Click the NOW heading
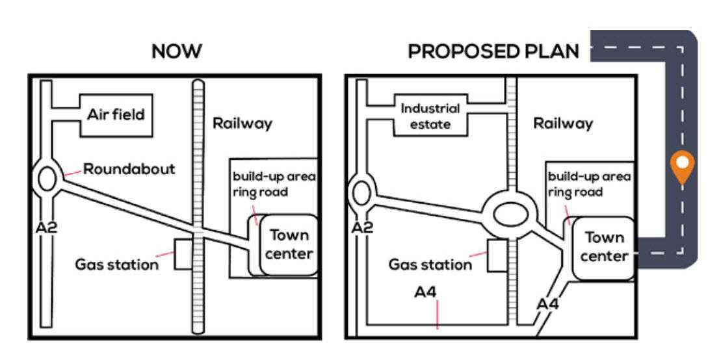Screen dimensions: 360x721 [x=176, y=52]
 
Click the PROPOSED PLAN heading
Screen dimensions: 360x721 [x=493, y=52]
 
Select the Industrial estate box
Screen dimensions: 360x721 [x=430, y=116]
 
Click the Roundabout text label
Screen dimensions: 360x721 [x=129, y=170]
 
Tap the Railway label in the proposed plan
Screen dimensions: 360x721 [x=563, y=123]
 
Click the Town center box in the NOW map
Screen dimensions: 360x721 [x=289, y=244]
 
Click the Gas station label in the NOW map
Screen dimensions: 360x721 [x=116, y=264]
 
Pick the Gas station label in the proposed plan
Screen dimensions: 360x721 [x=430, y=264]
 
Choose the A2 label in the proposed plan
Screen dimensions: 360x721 [x=361, y=227]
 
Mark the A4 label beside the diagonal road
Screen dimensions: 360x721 [x=547, y=303]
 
